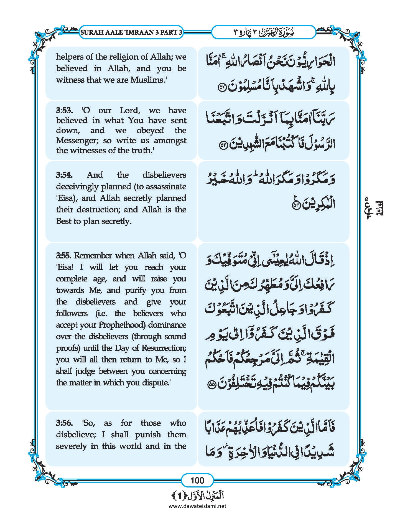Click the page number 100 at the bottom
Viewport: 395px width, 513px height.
click(x=197, y=480)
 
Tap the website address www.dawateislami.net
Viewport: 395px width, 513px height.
click(x=197, y=506)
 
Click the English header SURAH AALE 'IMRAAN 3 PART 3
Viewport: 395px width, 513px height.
click(x=131, y=32)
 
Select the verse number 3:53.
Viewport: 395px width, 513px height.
click(x=64, y=110)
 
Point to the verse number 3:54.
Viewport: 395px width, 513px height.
click(x=64, y=175)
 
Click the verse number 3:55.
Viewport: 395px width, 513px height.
click(x=64, y=255)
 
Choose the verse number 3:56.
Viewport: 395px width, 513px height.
click(x=64, y=423)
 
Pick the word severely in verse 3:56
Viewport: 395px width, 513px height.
click(x=71, y=446)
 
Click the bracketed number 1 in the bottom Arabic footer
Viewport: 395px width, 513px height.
click(x=179, y=496)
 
